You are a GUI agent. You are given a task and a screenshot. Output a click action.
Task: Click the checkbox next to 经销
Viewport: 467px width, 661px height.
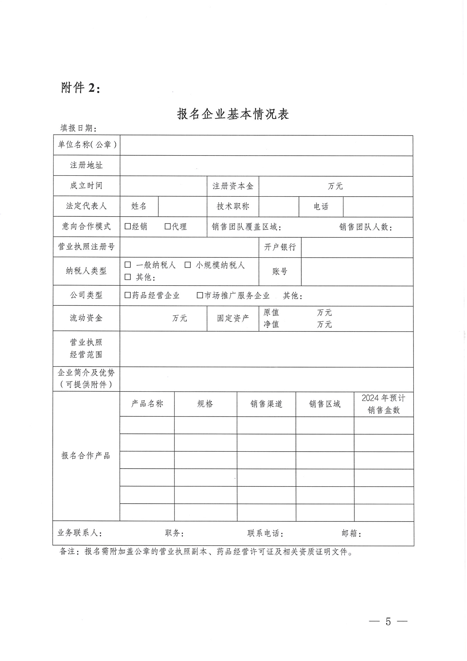[x=127, y=226]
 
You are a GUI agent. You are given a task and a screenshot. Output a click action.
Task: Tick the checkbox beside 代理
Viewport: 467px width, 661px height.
[x=168, y=226]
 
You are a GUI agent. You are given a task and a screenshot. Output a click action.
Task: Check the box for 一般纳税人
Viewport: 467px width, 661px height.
[x=127, y=265]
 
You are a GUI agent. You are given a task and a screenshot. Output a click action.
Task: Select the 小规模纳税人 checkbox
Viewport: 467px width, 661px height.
[x=188, y=265]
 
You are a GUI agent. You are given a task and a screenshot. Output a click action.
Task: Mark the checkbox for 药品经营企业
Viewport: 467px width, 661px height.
[x=127, y=295]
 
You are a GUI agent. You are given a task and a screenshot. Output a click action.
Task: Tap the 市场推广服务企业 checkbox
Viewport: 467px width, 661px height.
[x=200, y=295]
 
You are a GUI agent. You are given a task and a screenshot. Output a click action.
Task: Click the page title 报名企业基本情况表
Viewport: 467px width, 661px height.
[x=233, y=114]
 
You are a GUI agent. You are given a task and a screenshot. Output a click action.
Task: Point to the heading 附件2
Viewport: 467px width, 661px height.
[x=81, y=88]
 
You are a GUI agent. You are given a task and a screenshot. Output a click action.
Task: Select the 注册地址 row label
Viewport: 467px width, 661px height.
[x=86, y=165]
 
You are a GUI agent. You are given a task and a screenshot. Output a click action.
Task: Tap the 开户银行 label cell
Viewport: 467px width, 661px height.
[x=280, y=247]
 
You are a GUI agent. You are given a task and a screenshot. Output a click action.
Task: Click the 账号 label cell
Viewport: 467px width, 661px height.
[x=280, y=271]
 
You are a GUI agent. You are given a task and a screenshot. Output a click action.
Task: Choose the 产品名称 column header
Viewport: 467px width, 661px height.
[x=147, y=404]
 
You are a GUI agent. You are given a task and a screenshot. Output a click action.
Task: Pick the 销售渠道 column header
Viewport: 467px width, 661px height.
[x=266, y=404]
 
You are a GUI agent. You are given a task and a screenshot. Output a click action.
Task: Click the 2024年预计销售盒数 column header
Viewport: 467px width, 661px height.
[x=384, y=404]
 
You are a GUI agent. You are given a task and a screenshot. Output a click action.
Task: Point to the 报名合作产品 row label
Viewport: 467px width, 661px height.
[x=86, y=455]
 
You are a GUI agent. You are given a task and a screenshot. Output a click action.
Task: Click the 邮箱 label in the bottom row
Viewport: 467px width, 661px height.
[x=351, y=533]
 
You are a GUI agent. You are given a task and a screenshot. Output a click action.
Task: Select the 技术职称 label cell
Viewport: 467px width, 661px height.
[x=233, y=206]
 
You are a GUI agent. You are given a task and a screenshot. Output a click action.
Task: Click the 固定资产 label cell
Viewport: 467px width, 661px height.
[x=233, y=318]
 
